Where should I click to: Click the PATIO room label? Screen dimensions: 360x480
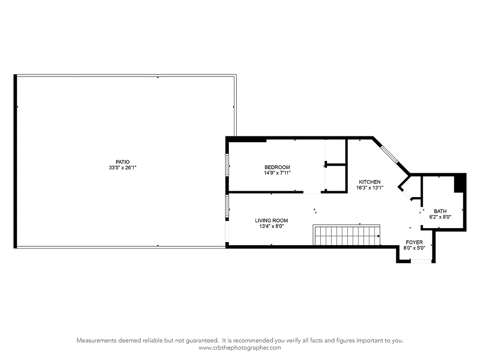click(122, 162)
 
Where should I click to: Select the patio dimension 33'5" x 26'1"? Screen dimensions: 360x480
click(122, 167)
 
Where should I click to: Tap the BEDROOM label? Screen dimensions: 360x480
click(277, 167)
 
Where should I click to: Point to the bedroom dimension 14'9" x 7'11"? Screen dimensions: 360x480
click(277, 173)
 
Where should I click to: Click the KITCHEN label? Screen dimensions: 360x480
click(369, 182)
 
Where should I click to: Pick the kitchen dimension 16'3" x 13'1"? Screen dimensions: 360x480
click(369, 188)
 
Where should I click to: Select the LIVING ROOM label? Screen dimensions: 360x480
click(271, 220)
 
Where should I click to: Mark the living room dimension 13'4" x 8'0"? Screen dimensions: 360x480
click(271, 226)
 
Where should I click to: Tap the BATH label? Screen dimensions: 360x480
click(440, 211)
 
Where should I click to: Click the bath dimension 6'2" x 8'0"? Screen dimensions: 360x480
click(440, 217)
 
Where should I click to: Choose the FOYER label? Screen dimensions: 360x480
click(414, 242)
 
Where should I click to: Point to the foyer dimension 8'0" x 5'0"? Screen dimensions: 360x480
click(414, 248)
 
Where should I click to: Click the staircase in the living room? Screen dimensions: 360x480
click(346, 235)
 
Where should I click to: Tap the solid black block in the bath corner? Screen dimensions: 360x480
click(460, 183)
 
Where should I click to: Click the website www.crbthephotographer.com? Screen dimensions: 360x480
click(240, 348)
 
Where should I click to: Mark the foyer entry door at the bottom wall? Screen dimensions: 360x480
click(421, 261)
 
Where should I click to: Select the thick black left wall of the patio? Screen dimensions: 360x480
click(16, 162)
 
